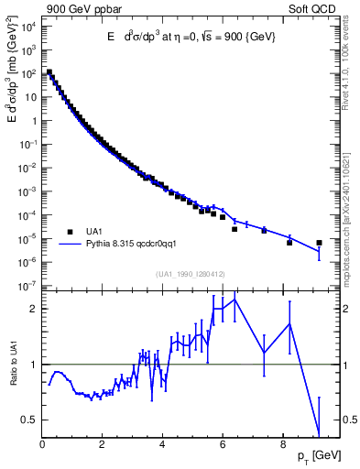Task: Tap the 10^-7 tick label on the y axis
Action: pos(27,286)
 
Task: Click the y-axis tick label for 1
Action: pos(34,120)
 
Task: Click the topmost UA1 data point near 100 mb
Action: pos(49,72)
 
